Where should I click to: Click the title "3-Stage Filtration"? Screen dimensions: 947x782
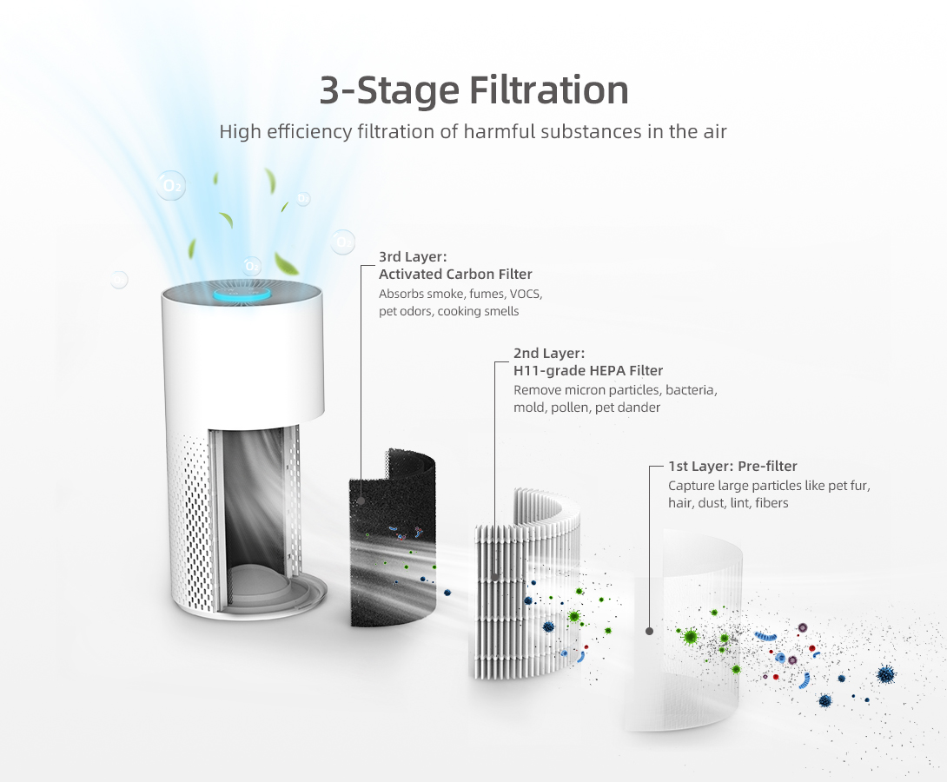(x=473, y=90)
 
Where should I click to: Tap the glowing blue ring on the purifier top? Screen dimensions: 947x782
(x=242, y=294)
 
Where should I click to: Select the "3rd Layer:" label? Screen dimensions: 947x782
(x=413, y=256)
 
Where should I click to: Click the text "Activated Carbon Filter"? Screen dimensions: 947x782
(x=455, y=275)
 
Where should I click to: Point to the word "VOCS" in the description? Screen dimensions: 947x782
(x=526, y=294)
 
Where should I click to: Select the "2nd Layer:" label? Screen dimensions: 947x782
(x=549, y=354)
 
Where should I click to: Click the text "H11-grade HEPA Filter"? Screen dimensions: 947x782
(x=588, y=371)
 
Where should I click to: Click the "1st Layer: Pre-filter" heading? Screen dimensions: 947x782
(x=732, y=467)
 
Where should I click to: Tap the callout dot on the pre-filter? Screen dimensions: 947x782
(x=649, y=631)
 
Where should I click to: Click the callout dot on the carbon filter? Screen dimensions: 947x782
(x=361, y=500)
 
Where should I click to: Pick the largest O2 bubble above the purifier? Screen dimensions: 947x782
(x=171, y=185)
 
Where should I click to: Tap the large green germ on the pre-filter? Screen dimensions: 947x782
(x=690, y=636)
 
